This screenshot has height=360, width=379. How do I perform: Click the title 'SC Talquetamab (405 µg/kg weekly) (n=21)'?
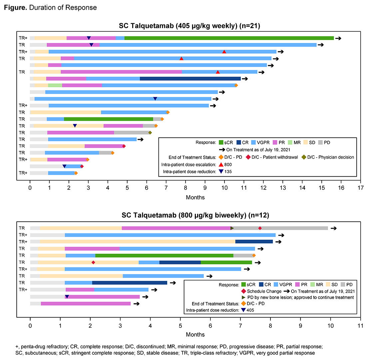(x=189, y=26)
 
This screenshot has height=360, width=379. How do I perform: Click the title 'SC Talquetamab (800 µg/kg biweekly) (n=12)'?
(x=195, y=215)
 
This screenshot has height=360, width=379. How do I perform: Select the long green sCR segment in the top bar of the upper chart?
(x=229, y=38)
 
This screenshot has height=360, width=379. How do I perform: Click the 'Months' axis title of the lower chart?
(x=195, y=334)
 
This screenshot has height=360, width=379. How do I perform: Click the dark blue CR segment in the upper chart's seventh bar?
(x=190, y=79)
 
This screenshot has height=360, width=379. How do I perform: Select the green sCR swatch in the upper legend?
(x=221, y=143)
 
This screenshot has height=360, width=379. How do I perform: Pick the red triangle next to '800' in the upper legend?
(x=221, y=164)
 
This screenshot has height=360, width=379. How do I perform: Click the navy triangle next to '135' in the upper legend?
(x=221, y=172)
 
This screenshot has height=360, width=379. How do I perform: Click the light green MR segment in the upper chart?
(x=55, y=85)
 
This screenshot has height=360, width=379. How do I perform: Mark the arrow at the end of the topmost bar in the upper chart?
(x=338, y=38)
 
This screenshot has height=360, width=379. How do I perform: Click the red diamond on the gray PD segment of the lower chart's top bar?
(x=260, y=228)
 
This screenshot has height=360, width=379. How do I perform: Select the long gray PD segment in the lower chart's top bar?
(x=293, y=228)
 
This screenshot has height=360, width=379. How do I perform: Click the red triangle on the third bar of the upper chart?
(x=224, y=52)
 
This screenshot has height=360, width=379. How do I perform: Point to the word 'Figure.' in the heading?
(x=15, y=7)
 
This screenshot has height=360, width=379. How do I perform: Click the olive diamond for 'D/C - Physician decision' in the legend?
(x=303, y=157)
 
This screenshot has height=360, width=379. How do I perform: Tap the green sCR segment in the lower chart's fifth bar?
(x=164, y=255)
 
